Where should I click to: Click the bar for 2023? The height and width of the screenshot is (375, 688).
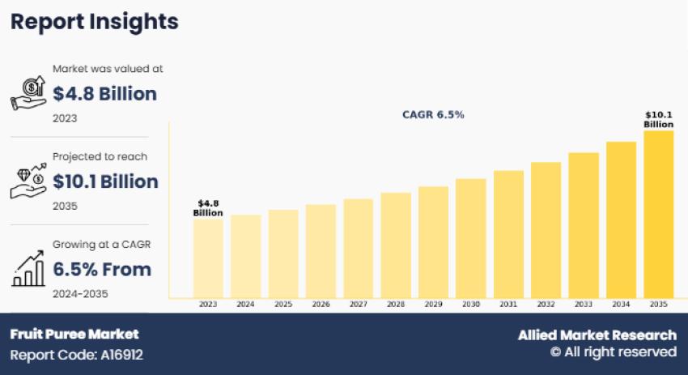click(208, 258)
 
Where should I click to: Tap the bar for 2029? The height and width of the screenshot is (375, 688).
click(433, 242)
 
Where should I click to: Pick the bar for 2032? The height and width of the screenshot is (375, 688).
click(546, 230)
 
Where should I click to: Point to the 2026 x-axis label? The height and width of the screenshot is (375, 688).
click(321, 305)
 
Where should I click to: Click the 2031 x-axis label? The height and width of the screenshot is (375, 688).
click(508, 305)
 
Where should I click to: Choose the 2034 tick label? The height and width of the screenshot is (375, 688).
click(621, 305)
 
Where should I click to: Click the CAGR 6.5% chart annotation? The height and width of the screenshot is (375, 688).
click(433, 115)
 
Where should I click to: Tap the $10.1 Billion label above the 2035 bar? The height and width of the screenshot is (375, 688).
click(658, 120)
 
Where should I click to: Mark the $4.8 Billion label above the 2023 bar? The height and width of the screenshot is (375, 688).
click(208, 207)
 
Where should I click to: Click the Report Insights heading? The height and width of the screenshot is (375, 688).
click(94, 22)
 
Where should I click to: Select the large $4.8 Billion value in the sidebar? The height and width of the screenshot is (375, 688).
click(104, 94)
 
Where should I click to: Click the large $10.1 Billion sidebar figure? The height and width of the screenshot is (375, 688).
click(105, 181)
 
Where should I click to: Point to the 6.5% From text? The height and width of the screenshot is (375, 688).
click(102, 269)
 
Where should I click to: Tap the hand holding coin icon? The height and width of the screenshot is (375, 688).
click(28, 93)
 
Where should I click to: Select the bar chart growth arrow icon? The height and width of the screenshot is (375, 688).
click(28, 270)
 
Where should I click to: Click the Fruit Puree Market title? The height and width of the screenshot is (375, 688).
click(74, 334)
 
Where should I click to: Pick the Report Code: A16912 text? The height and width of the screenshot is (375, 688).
click(77, 355)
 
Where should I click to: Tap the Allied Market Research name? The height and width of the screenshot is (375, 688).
click(597, 335)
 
